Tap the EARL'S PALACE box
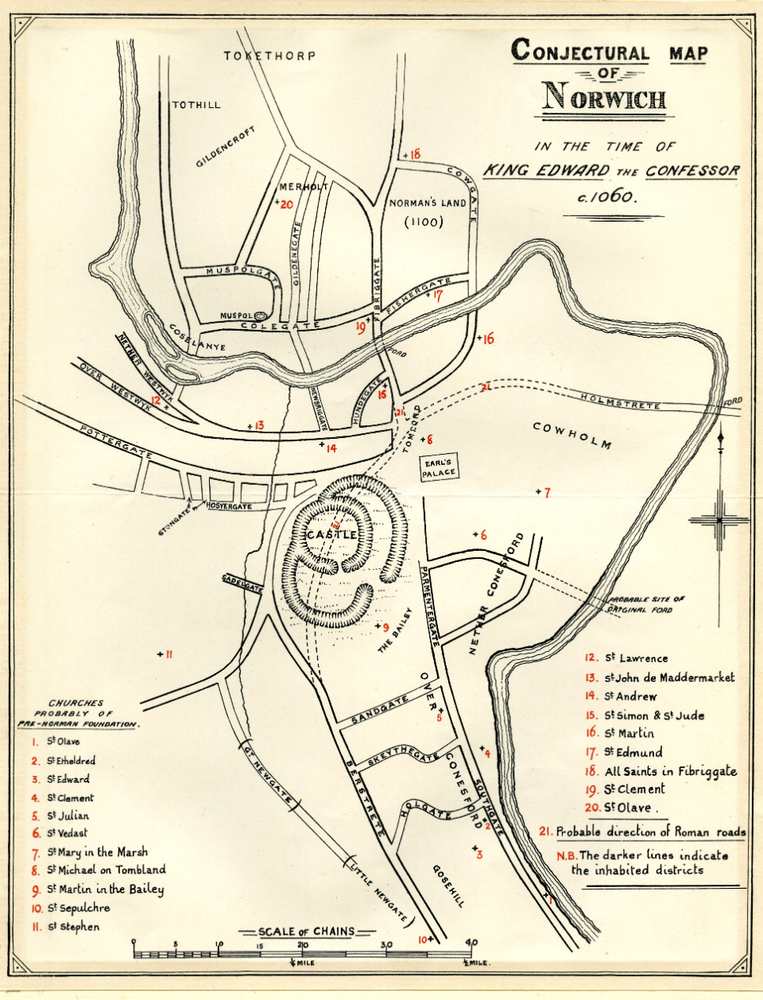click(x=440, y=468)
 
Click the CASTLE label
click(x=331, y=535)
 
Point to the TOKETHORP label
click(x=269, y=56)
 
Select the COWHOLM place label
click(x=572, y=435)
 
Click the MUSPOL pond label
click(x=236, y=316)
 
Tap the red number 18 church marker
click(x=414, y=154)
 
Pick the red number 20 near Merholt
click(x=286, y=204)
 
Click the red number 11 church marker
click(x=168, y=654)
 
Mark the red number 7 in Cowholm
click(x=546, y=493)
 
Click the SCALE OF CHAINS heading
click(x=306, y=931)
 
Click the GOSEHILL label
click(x=449, y=885)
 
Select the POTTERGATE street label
click(x=116, y=441)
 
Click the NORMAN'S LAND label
click(x=427, y=203)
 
